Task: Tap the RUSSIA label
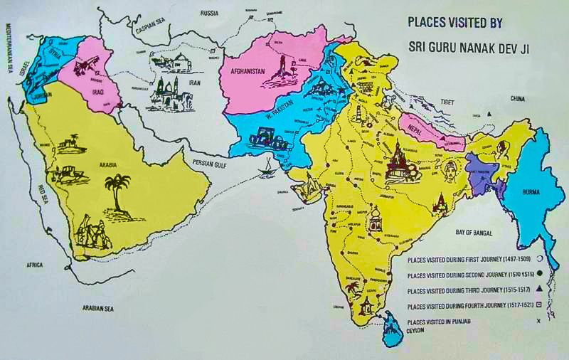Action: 208,13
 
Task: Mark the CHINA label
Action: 517,98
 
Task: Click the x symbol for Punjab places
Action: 538,322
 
